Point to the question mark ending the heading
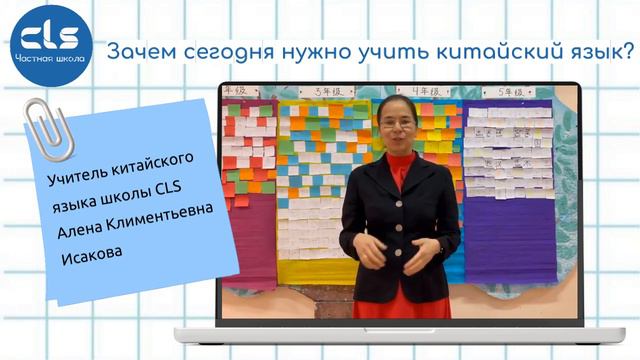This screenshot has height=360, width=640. tap(613, 47)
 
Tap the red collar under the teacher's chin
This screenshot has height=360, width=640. tap(398, 160)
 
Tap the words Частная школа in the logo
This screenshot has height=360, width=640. tap(50, 59)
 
